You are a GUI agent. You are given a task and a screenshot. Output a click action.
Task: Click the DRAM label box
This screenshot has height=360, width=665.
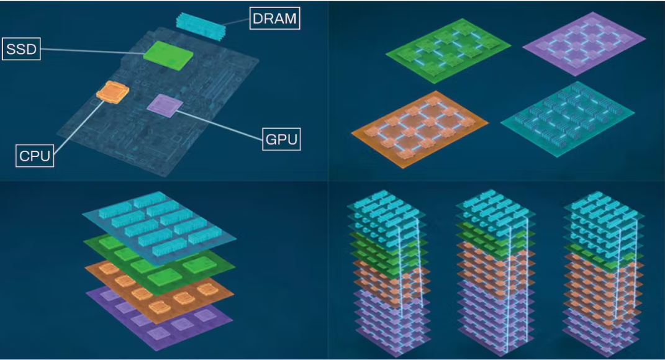click(274, 18)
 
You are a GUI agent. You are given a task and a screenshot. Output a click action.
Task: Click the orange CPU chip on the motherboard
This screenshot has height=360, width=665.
click(112, 91)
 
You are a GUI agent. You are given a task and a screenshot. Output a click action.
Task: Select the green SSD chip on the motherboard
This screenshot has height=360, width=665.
click(168, 54)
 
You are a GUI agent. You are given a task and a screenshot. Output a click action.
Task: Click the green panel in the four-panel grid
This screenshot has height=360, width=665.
click(448, 50)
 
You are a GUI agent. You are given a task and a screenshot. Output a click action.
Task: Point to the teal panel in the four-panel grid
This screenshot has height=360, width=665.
click(566, 119)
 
